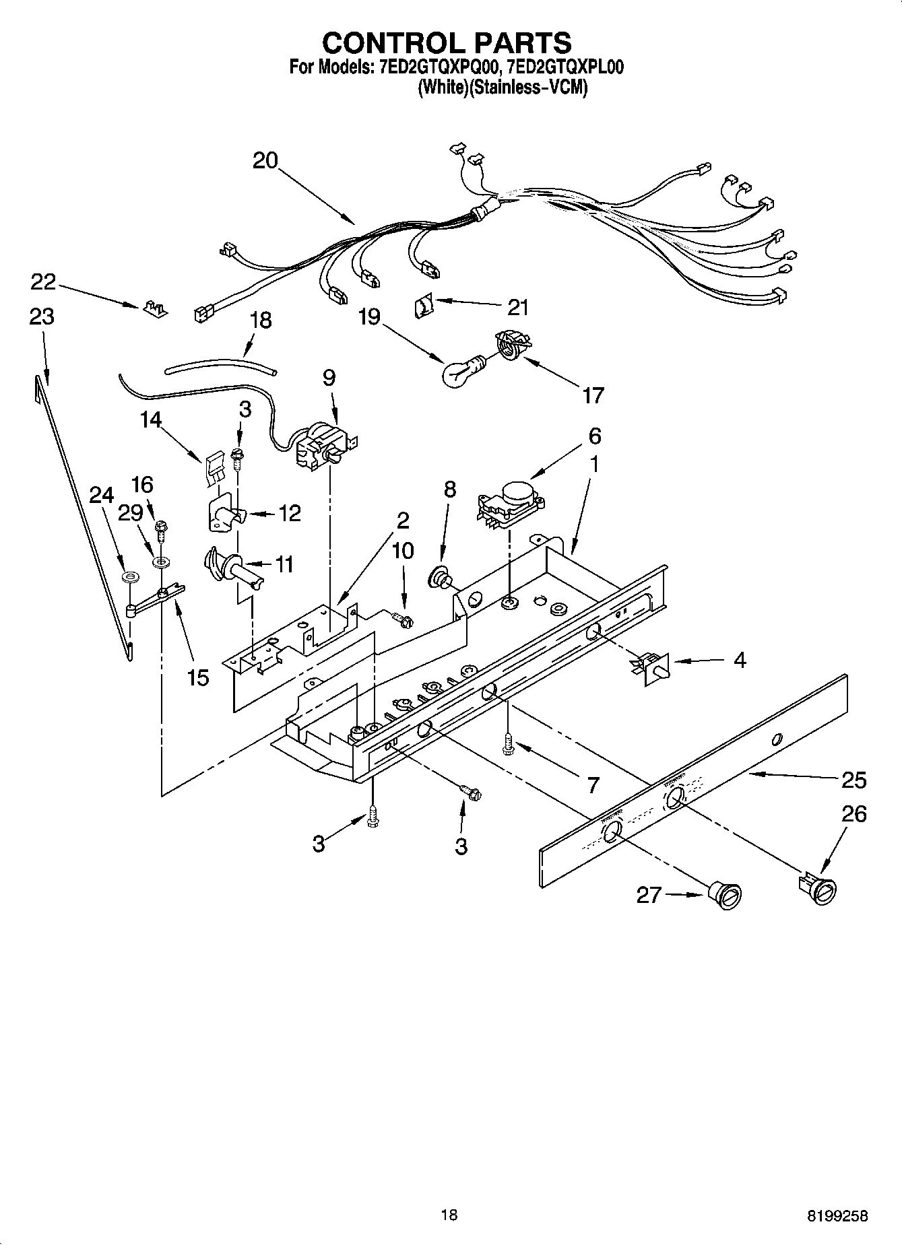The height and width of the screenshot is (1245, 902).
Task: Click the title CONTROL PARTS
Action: pos(447,42)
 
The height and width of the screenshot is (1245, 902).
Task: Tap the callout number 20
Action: pos(265,161)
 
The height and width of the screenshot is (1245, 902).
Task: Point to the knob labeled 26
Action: pos(820,888)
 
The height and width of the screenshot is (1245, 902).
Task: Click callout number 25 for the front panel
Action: pos(853,780)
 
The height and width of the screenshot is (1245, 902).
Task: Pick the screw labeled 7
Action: pos(507,745)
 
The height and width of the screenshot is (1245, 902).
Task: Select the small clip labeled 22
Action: pos(155,308)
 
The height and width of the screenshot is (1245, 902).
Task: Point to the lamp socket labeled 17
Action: pos(512,344)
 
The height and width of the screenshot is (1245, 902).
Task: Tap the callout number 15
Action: pos(198,677)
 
